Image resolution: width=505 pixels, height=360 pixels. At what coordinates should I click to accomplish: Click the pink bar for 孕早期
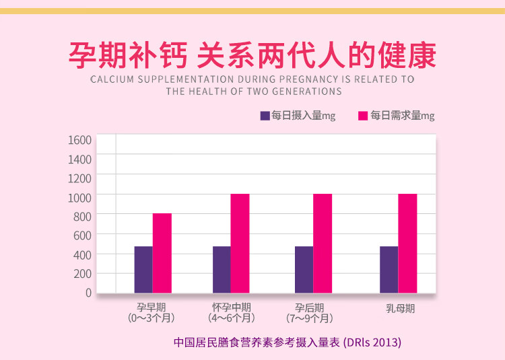[162, 253]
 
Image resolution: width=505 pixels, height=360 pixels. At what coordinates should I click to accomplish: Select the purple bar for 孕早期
[143, 269]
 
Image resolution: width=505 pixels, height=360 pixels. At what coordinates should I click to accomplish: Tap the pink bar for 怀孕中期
[240, 243]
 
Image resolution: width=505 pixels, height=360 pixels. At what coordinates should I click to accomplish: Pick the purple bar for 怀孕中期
[222, 269]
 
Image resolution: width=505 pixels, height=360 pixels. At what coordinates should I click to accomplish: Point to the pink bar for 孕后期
[323, 243]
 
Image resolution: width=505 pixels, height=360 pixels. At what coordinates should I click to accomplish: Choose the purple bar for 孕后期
[304, 269]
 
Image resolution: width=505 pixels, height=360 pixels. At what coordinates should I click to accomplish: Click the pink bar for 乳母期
[407, 243]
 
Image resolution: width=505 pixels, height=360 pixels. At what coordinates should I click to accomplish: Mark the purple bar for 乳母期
[389, 269]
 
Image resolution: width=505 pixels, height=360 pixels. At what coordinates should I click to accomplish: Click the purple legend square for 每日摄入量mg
[265, 116]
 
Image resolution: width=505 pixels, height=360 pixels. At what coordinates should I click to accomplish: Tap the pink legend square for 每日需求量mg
[363, 116]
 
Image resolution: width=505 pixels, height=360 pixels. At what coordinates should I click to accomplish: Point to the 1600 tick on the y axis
[79, 140]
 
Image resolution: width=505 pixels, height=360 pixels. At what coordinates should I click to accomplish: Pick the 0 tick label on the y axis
[88, 293]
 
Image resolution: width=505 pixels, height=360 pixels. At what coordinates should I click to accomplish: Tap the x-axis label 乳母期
[400, 309]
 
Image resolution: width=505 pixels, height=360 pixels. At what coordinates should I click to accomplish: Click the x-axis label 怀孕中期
[231, 307]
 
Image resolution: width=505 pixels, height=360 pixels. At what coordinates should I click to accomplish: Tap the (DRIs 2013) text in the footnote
[372, 342]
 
